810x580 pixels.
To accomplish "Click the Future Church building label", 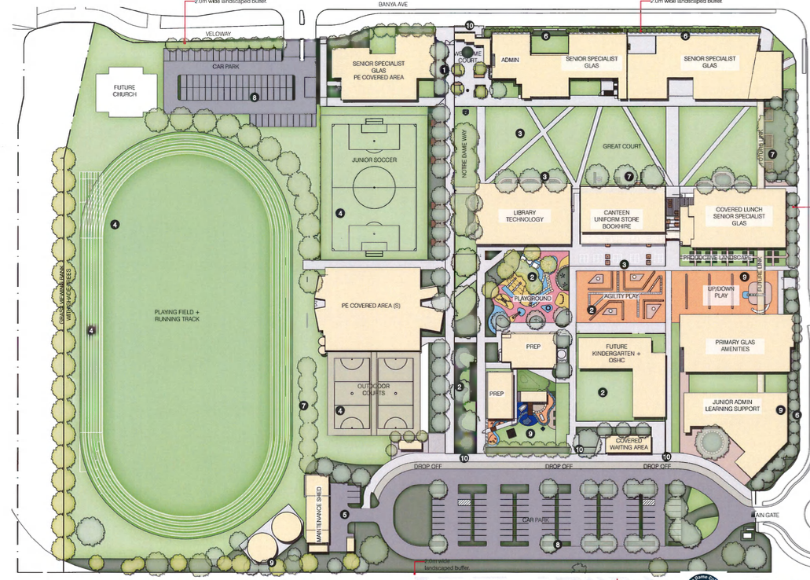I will coord(124,90).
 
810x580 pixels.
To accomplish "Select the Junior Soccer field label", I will coord(374,160).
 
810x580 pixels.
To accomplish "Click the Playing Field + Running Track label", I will coord(178,315).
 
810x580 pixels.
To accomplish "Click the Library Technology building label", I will coord(523,215).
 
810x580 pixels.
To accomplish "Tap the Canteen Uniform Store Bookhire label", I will coord(622,217).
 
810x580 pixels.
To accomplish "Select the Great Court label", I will coord(621,146).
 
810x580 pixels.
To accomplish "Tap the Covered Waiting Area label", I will coord(629,444).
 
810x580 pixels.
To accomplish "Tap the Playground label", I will coord(533,299).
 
